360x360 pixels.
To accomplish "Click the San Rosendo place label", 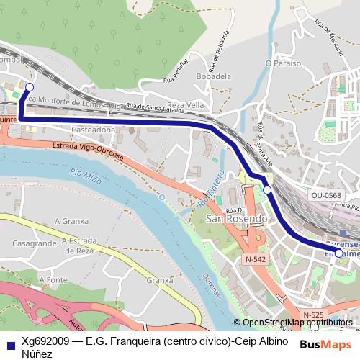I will (x=236, y=218).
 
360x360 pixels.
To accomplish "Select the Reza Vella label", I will (x=185, y=104).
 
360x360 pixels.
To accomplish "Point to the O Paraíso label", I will (x=282, y=63).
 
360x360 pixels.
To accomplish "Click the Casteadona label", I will (x=94, y=129).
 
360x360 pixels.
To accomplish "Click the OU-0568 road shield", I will (x=327, y=195).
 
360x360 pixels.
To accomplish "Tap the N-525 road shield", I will (x=312, y=315).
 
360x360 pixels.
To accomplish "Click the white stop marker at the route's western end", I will (x=30, y=87).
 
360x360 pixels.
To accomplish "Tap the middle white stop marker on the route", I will (x=267, y=189).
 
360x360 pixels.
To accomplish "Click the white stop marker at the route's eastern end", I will (x=339, y=253).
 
